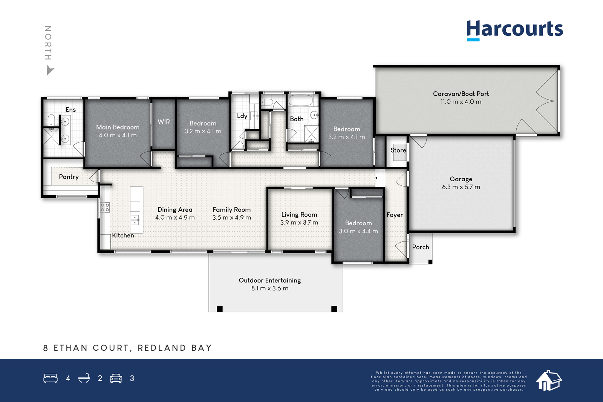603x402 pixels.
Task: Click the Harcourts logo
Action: (514, 30)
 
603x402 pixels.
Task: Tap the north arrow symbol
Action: (50, 71)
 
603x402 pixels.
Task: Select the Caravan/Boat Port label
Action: (461, 94)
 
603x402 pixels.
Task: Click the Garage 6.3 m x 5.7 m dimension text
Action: (461, 187)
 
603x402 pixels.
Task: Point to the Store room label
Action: (398, 150)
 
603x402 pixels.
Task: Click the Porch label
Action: (421, 247)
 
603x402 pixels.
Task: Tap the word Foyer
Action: (395, 215)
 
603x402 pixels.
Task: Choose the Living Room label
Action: (299, 214)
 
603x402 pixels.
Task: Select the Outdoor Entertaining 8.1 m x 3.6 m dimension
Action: (270, 288)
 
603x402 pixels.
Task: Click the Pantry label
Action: (69, 177)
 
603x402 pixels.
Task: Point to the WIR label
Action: (164, 122)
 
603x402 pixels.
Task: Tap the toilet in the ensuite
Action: (51, 120)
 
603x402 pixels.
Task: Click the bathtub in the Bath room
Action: (301, 100)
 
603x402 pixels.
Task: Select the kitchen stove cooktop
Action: (105, 208)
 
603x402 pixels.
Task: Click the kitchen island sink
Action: (135, 220)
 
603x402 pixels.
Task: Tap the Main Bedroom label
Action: (118, 127)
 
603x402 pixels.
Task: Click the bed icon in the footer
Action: (51, 378)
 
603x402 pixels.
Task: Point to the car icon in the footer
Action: (116, 378)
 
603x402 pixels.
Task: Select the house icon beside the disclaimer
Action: (549, 381)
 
